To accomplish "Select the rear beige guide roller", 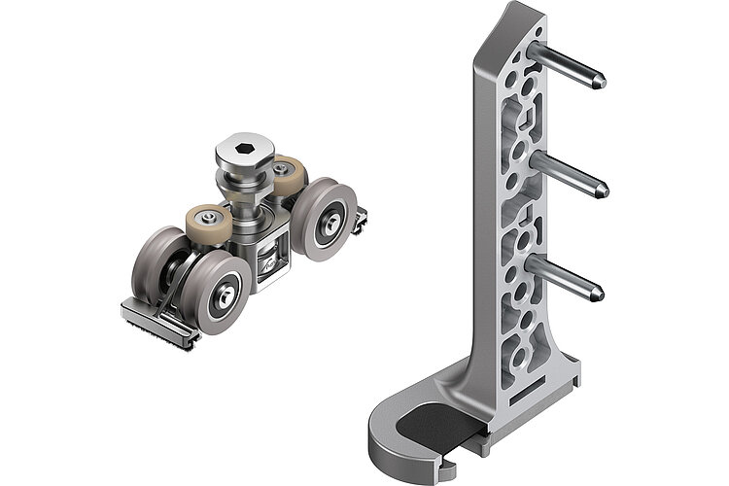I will pos(285,174).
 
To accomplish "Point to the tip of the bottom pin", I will pos(599,291).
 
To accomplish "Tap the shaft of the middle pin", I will pos(568,171).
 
